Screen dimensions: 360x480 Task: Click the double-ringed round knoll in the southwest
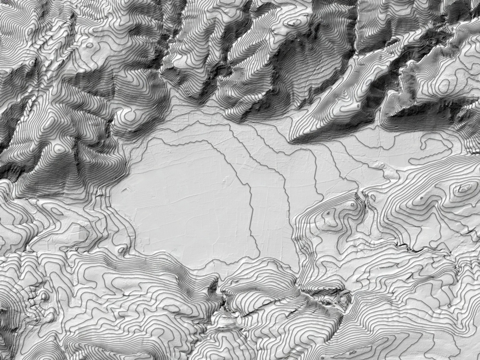44,296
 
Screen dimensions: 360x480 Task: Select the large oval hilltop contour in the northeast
444,84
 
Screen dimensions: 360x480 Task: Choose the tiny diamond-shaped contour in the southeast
421,198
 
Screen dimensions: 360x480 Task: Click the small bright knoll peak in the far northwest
32,63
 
